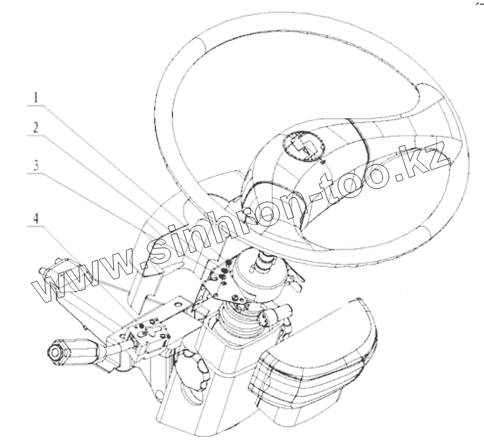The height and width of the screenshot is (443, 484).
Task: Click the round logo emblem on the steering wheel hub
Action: click(302, 143)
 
